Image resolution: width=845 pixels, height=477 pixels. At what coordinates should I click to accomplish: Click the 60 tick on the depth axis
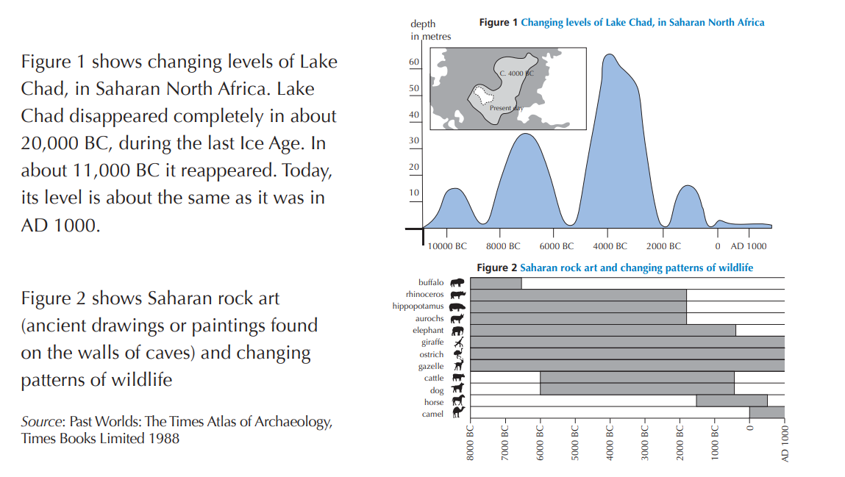click(414, 62)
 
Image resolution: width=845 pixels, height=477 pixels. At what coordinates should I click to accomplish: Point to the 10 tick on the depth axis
click(414, 193)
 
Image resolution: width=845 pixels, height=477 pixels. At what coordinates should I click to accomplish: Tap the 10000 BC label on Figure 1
click(447, 246)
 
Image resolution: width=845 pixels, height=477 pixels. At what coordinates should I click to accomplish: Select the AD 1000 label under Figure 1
click(748, 246)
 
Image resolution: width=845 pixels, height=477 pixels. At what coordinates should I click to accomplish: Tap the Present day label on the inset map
click(506, 108)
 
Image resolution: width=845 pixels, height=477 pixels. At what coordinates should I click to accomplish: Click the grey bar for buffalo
click(496, 283)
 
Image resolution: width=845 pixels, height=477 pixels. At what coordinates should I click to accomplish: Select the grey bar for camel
click(766, 412)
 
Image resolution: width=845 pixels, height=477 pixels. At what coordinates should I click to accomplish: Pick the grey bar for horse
click(731, 401)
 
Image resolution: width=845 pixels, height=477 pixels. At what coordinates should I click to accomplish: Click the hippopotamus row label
click(418, 306)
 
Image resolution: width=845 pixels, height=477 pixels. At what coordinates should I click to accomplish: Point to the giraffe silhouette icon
click(457, 342)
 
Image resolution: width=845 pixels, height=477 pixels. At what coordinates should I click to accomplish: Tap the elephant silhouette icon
click(457, 331)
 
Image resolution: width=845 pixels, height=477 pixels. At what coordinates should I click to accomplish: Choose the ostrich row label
click(432, 354)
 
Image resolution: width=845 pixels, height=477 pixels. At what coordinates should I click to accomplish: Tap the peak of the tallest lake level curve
click(609, 55)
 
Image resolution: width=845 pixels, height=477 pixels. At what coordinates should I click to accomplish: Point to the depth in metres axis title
click(430, 30)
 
